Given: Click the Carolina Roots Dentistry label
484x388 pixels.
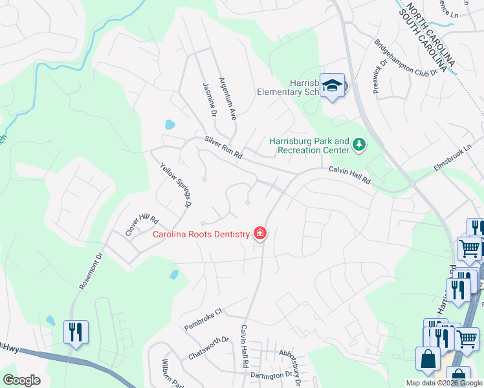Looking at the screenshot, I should (201, 234).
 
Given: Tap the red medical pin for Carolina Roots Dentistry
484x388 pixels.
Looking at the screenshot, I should (260, 233).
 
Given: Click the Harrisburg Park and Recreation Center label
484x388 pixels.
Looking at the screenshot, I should (309, 145).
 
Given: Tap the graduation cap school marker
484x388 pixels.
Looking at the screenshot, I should (333, 86).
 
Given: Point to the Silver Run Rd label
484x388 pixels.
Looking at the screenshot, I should (223, 147).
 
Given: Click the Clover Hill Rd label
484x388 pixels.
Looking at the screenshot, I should (142, 224).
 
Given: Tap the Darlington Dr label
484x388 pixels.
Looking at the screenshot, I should (272, 375).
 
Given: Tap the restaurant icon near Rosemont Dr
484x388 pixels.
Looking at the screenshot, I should (76, 332).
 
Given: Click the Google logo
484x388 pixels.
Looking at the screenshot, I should (21, 380).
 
